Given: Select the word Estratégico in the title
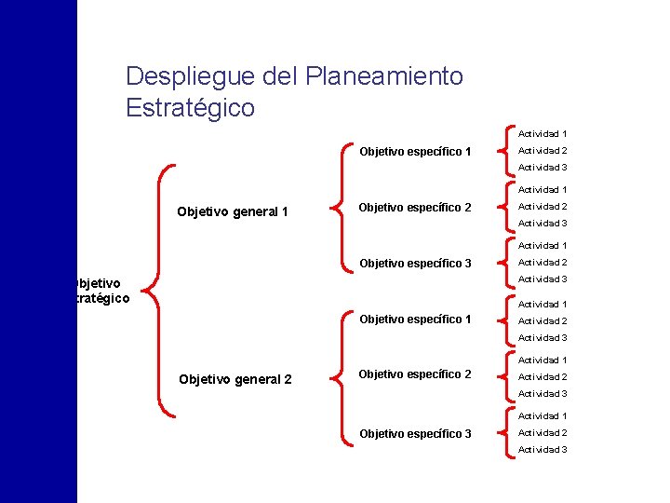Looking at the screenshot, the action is [x=190, y=108].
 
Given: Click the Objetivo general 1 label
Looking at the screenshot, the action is [x=233, y=211].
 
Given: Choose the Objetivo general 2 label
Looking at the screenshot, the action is [x=234, y=379].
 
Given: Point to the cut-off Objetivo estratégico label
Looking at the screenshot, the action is [x=101, y=290].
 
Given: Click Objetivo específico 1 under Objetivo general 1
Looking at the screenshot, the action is [x=415, y=151].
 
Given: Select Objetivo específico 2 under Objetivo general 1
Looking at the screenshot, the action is [x=415, y=207].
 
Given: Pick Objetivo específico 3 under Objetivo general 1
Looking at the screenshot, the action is [x=415, y=264].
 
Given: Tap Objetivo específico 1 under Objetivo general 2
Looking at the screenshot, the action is [x=415, y=319].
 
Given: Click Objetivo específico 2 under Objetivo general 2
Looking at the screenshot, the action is [x=415, y=374].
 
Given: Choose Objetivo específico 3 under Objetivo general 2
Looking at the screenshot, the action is [x=415, y=433].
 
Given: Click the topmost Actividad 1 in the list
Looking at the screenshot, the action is [x=543, y=134].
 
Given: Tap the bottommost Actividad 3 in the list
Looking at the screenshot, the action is [x=543, y=450].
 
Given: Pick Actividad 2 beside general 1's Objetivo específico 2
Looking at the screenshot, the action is [x=543, y=207].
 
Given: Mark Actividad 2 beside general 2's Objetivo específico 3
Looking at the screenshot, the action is [x=543, y=433].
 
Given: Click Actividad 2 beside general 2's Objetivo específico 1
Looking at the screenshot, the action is [x=543, y=321].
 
